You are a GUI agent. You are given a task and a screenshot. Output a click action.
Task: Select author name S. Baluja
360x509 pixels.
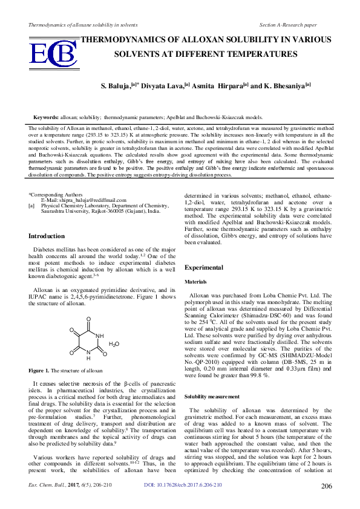119,86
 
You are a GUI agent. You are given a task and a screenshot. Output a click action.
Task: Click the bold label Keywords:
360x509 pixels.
46,117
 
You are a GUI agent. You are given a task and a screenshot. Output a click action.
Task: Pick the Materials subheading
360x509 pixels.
195,282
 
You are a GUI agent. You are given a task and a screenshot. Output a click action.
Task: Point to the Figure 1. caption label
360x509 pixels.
39,370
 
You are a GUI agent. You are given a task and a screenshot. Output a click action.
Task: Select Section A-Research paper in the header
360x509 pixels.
288,25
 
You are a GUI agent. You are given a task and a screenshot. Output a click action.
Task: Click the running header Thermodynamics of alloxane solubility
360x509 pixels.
79,25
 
